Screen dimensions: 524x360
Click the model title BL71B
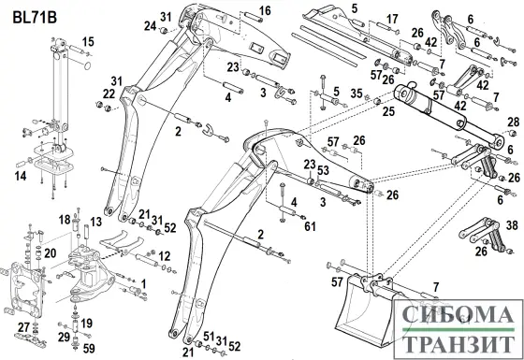pos(35,18)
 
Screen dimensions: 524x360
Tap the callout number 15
pos(88,42)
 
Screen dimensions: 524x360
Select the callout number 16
pos(265,10)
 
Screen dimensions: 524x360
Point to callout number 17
pos(392,19)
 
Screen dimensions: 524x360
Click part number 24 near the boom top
pos(151,26)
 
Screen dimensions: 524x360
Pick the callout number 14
pos(21,176)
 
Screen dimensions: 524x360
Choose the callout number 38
pos(512,225)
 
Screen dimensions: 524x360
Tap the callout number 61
pos(310,226)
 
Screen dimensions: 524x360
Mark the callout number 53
pos(323,170)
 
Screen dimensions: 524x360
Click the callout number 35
pos(357,94)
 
